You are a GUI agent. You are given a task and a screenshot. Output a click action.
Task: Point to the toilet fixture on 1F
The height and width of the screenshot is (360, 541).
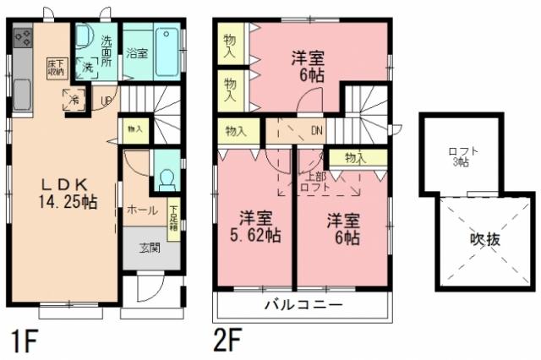(167, 178)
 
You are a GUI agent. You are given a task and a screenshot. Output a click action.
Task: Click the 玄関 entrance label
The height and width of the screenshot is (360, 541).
(150, 248)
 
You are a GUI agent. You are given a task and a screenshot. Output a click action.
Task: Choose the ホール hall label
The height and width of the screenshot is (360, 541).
(142, 210)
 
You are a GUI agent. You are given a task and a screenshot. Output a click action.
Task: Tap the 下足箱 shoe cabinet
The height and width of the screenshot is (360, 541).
(173, 221)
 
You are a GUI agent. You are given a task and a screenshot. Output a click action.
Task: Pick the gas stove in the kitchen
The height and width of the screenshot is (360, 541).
(23, 38)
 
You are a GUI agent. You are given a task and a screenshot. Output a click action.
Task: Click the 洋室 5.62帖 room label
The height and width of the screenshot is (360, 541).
(254, 226)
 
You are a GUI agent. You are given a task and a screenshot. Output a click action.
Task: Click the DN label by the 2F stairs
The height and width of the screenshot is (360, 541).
(316, 130)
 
